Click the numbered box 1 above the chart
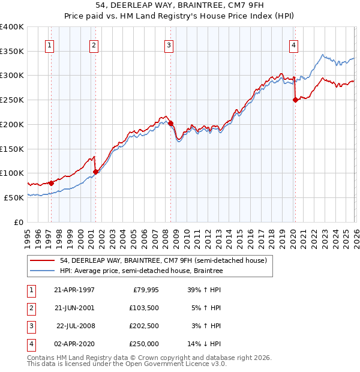tap(49, 44)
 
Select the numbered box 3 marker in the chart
tap(169, 44)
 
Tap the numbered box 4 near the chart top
tap(293, 44)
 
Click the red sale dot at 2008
tap(171, 124)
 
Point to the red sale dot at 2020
tap(295, 100)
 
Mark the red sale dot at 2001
tap(95, 172)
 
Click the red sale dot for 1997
tap(52, 183)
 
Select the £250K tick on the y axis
tap(12, 100)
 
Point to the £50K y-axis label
tap(14, 197)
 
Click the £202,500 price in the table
tap(143, 326)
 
